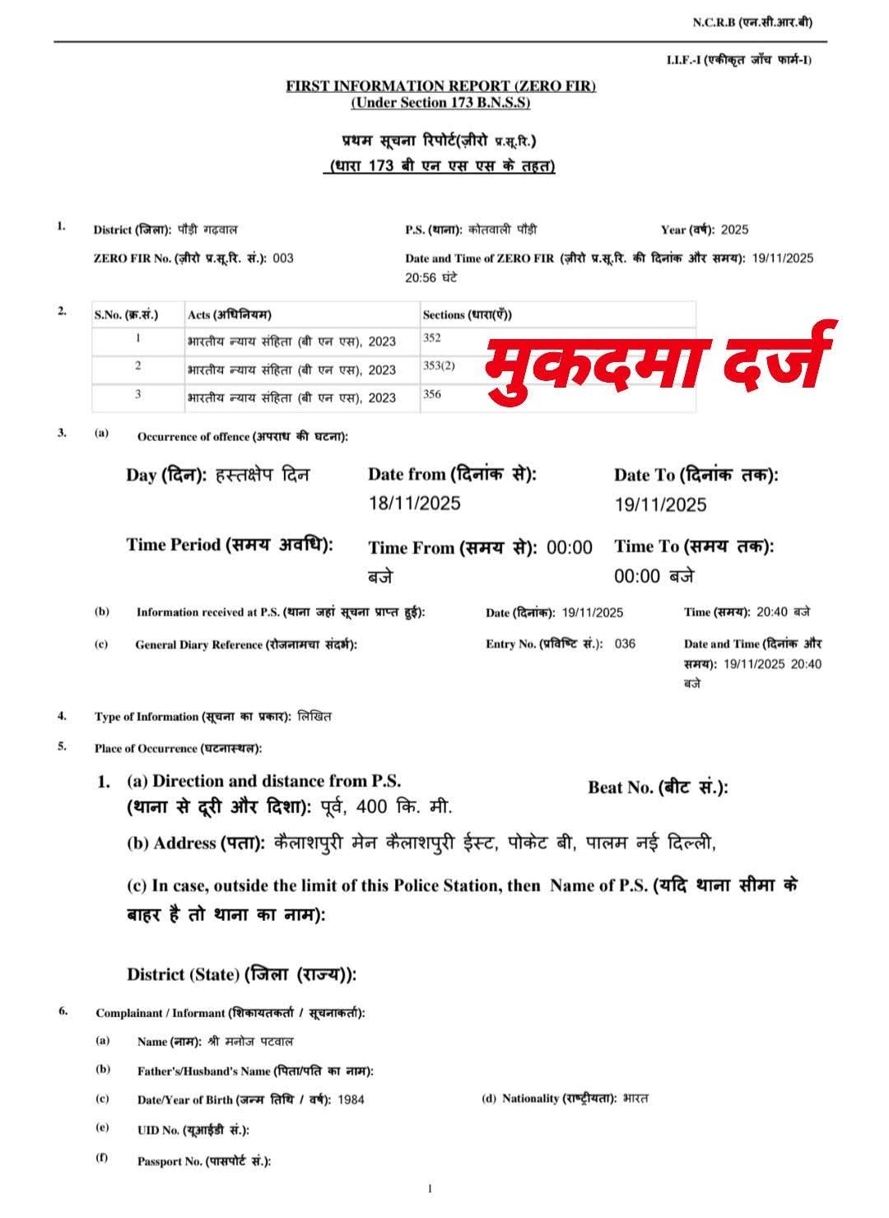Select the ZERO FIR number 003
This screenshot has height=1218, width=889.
click(282, 258)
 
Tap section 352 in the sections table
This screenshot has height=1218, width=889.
click(432, 337)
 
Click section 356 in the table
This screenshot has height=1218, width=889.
click(432, 394)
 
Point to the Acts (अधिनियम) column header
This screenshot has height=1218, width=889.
click(230, 314)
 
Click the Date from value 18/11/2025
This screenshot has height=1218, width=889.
click(414, 503)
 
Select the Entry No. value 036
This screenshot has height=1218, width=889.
click(625, 644)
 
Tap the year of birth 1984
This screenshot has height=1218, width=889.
click(351, 1099)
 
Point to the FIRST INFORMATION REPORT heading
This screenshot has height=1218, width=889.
click(440, 86)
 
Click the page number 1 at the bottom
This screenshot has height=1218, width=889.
click(430, 1188)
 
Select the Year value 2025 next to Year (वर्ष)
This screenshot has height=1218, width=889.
click(734, 230)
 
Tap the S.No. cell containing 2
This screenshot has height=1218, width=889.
click(138, 365)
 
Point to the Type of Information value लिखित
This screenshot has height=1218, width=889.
click(315, 717)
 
